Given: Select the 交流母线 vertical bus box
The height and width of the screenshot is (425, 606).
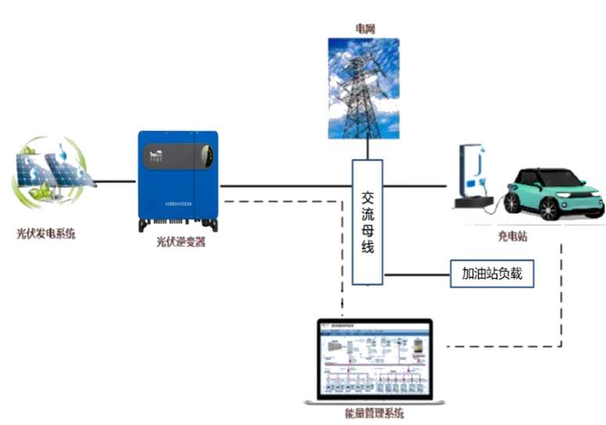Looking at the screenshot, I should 367,222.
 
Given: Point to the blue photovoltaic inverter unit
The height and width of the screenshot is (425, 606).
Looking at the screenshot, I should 178,181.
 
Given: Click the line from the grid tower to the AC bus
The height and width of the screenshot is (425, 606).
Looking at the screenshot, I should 366,149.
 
